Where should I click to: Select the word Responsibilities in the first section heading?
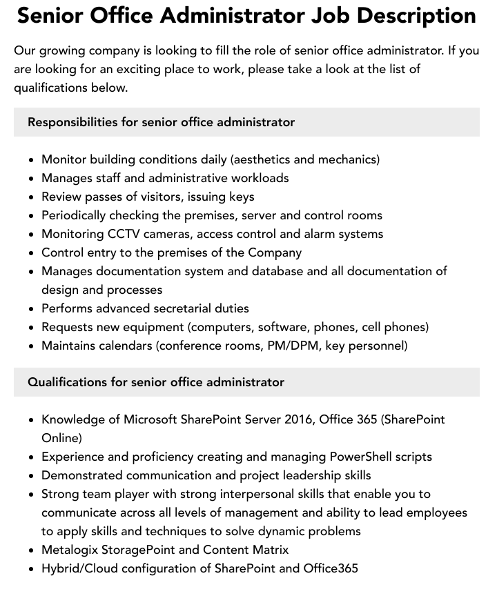72,122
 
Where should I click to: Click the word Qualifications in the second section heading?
67,382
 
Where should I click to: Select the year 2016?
299,419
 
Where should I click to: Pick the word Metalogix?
70,550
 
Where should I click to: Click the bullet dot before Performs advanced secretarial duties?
32,309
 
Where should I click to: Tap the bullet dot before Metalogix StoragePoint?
32,550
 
